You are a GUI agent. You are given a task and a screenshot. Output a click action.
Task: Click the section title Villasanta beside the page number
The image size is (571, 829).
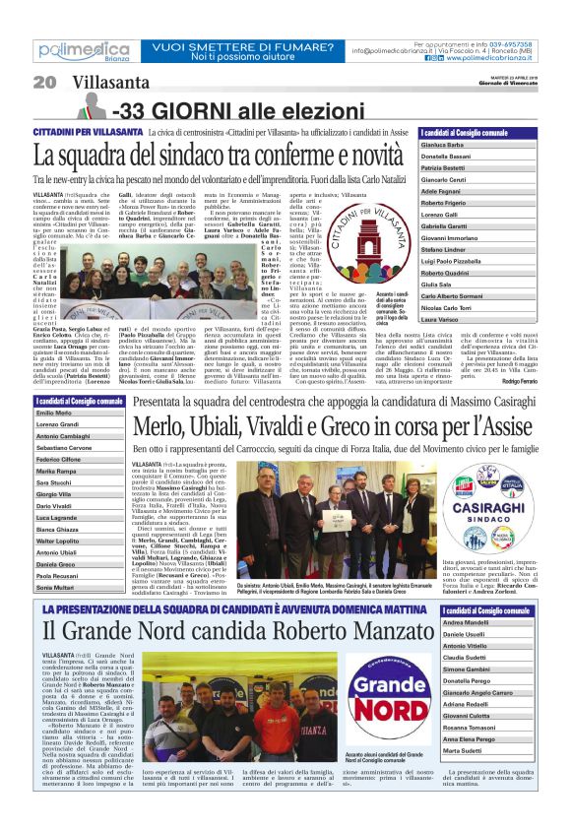104,82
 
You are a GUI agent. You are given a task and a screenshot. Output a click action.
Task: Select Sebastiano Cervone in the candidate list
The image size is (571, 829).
65,448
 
